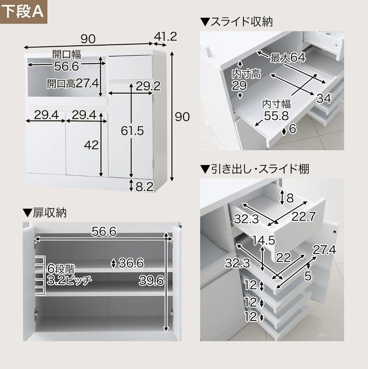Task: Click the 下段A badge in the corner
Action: [x=24, y=12]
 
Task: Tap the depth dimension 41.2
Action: [x=165, y=36]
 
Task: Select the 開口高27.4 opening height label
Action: [x=73, y=83]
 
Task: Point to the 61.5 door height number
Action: [x=132, y=130]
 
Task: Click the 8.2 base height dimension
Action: [x=144, y=187]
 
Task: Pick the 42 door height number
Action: [x=91, y=145]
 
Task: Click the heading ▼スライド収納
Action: [x=236, y=22]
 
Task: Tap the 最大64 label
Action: [x=288, y=58]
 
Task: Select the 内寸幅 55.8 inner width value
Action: [x=276, y=116]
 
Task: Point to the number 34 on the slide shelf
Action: [x=324, y=98]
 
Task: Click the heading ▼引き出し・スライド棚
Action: [x=255, y=169]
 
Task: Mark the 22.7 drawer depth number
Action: [x=304, y=216]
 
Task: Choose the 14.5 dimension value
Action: [x=263, y=240]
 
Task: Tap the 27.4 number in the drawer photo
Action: [x=324, y=250]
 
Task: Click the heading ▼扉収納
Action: [x=45, y=213]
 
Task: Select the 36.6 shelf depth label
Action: [x=131, y=263]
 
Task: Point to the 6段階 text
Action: [x=61, y=268]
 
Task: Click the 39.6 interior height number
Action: [x=151, y=280]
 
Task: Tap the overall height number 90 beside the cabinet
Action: [x=182, y=117]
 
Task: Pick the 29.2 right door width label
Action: [x=148, y=86]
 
